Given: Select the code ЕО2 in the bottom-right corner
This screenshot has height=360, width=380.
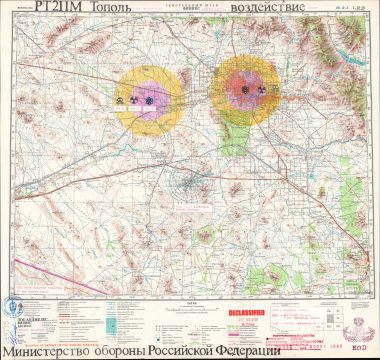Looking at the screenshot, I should pyautogui.click(x=362, y=348).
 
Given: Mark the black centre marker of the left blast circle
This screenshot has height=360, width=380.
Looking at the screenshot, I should pyautogui.click(x=149, y=100).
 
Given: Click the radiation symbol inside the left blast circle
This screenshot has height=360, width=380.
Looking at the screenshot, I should pyautogui.click(x=123, y=100).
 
